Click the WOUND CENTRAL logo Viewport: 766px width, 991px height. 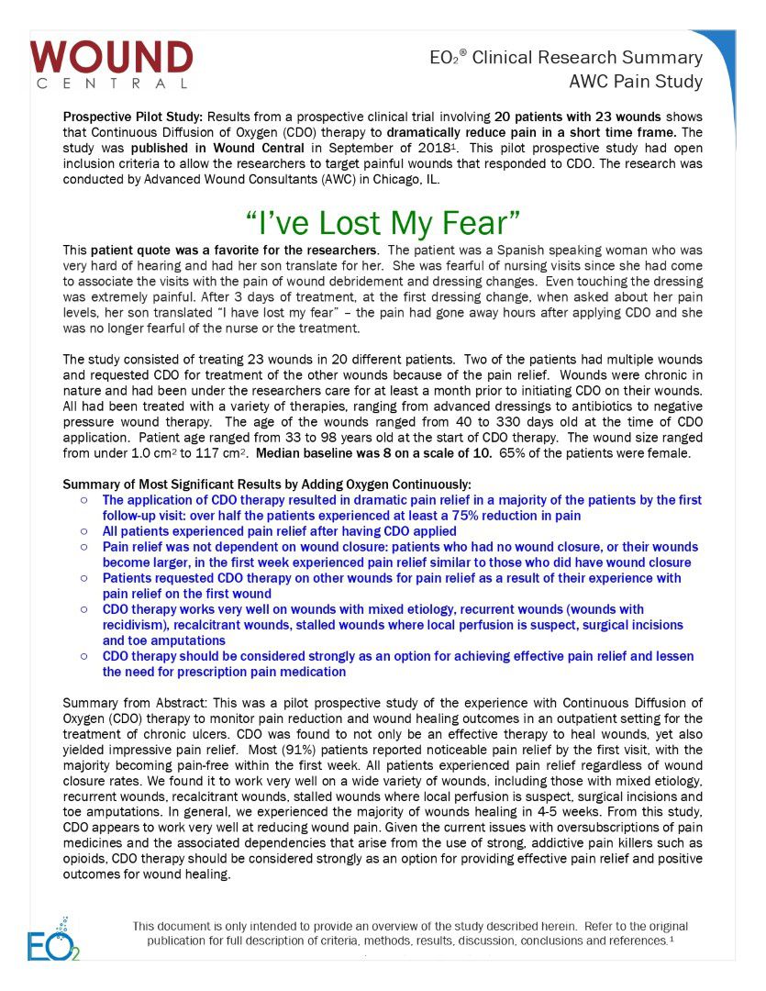pos(111,64)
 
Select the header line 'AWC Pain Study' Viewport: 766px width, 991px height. pos(636,82)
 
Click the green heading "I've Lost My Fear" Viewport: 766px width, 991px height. pos(383,223)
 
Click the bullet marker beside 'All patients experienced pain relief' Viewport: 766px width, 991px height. pos(83,531)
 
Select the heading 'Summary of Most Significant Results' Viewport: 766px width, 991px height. pos(266,484)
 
